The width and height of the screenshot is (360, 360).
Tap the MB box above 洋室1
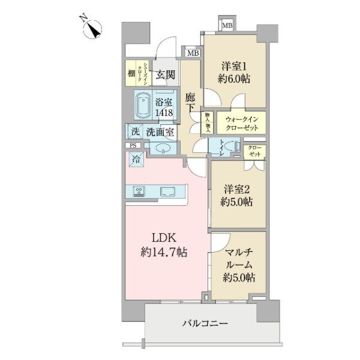pyautogui.click(x=227, y=26)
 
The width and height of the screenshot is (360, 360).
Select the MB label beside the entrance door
pyautogui.click(x=193, y=53)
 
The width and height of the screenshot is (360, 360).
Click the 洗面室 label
pyautogui.click(x=160, y=131)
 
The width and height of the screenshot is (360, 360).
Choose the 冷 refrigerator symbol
pyautogui.click(x=136, y=160)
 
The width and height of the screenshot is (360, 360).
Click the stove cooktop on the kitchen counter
pyautogui.click(x=139, y=191)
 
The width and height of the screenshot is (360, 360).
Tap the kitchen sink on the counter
pyautogui.click(x=167, y=191)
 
